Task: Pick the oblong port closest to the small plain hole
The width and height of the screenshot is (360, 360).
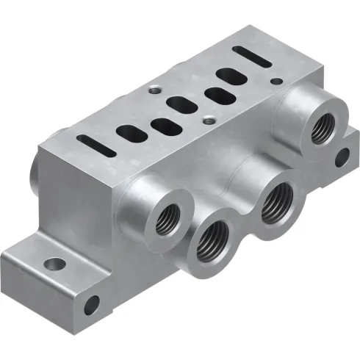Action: coord(217,94)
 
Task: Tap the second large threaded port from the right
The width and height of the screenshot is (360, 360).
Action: coord(278,199)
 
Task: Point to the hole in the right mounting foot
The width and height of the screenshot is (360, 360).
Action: coord(340,156)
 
